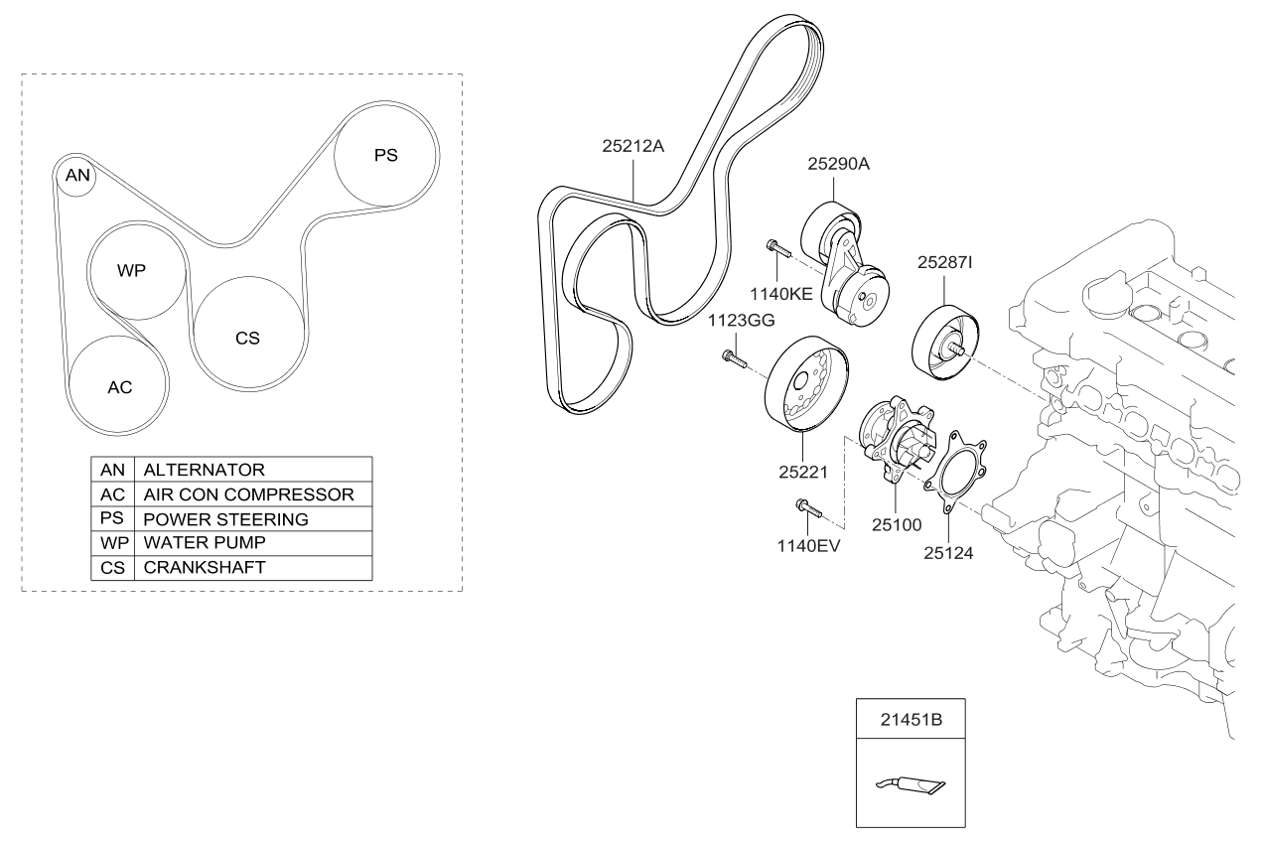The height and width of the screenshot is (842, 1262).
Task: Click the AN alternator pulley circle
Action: pyautogui.click(x=77, y=176)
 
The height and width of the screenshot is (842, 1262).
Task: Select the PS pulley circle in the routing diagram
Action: pyautogui.click(x=385, y=156)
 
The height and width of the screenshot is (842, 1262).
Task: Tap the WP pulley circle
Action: pyautogui.click(x=137, y=269)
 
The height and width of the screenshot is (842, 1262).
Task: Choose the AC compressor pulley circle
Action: pyautogui.click(x=119, y=385)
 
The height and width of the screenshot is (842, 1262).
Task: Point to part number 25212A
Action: pyautogui.click(x=632, y=146)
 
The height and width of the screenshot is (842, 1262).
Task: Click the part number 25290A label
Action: pyautogui.click(x=838, y=165)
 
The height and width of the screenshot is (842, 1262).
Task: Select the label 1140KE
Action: pyautogui.click(x=781, y=294)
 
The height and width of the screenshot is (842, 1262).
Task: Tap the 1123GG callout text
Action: pyautogui.click(x=740, y=321)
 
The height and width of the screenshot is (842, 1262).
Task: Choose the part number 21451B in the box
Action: pyautogui.click(x=911, y=719)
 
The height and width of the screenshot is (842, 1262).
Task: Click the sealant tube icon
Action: pyautogui.click(x=910, y=784)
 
